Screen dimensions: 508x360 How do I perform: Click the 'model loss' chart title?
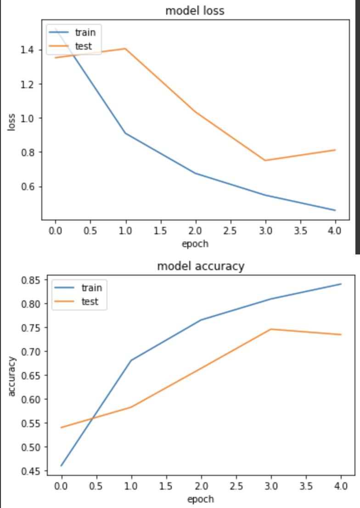pos(195,11)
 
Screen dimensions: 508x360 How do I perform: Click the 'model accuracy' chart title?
pos(201,266)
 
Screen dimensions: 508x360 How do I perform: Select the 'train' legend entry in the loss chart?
pos(85,32)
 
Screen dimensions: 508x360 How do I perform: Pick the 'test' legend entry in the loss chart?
pos(83,46)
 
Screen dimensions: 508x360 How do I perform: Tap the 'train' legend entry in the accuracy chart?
pos(91,288)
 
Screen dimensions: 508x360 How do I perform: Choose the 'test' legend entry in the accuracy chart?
pos(90,302)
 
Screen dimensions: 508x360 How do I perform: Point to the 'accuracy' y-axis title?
pos(12,375)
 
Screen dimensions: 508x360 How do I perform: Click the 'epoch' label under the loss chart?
pos(195,243)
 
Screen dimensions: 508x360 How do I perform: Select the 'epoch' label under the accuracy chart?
pos(201,498)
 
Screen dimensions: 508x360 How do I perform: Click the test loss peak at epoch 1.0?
pos(125,48)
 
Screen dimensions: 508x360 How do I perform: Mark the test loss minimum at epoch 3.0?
pos(265,160)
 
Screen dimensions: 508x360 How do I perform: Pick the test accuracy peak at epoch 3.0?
pos(271,329)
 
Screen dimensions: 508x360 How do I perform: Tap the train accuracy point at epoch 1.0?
pos(131,361)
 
